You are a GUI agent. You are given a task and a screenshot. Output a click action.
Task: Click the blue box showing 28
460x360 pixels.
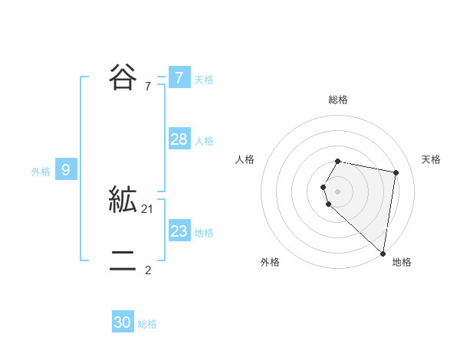(179, 139)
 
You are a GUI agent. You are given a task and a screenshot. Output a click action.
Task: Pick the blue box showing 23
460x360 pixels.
(179, 231)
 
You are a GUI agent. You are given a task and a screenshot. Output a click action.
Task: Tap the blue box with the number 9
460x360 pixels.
(66, 170)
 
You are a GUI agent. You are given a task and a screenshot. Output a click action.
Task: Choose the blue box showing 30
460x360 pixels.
(123, 322)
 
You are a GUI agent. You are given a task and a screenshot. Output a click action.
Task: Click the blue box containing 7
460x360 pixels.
(179, 77)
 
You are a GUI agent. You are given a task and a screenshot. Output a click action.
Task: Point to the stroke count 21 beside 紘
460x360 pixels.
(148, 208)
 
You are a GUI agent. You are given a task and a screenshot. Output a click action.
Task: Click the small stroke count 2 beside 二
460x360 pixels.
(147, 270)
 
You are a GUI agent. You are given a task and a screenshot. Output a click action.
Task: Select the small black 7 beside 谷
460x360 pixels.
(147, 86)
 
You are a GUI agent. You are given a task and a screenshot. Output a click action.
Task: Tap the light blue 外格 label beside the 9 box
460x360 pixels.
(41, 172)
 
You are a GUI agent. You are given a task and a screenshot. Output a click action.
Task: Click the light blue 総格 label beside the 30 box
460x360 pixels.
(147, 324)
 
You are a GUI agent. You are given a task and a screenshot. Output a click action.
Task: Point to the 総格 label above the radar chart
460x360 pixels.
(338, 100)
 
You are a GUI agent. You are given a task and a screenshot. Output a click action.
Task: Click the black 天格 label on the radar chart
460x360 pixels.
(431, 159)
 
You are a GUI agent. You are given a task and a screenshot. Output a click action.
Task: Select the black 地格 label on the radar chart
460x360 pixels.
(402, 262)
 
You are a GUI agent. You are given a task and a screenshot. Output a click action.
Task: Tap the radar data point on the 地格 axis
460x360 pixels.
(383, 253)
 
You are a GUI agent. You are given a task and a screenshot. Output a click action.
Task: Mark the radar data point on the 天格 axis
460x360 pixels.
(396, 173)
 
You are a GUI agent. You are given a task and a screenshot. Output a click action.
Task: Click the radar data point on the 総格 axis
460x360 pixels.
(338, 161)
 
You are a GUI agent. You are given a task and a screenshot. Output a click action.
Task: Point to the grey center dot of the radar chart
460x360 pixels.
(338, 191)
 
